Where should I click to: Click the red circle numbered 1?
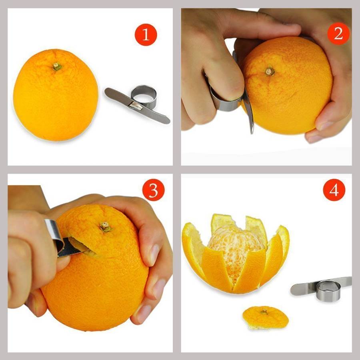pos(146,35)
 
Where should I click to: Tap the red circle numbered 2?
pos(338,34)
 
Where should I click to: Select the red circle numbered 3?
pos(153,190)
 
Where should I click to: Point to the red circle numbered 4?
pos(334,190)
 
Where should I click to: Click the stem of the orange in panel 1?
pos(57,66)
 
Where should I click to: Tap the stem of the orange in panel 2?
pos(270,72)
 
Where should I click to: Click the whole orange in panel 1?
pos(56,95)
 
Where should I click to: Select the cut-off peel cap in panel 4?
pos(266,318)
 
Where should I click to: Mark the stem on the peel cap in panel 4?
pos(264,312)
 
